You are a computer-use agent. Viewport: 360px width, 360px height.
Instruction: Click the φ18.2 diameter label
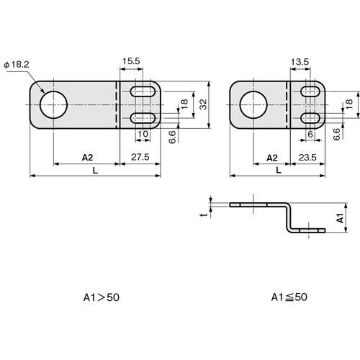coord(17,65)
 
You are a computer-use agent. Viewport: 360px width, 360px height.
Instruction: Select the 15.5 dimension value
coord(131,61)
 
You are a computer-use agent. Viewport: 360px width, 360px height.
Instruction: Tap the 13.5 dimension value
coord(300,62)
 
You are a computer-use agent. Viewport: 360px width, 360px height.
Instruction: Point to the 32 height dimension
coord(203,104)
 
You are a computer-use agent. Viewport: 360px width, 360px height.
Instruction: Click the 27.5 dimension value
coord(140,157)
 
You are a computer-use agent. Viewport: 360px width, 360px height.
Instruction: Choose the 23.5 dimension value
coord(307,158)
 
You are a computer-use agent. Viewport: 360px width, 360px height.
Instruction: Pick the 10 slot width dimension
coord(143,134)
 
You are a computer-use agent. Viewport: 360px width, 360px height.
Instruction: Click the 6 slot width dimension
coord(310,134)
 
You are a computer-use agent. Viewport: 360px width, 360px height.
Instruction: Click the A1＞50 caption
coord(102,297)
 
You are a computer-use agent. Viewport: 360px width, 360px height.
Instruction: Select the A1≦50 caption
coord(289,297)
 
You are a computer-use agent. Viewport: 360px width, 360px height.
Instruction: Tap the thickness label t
coord(204,215)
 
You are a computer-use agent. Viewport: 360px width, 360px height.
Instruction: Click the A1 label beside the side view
coord(341,218)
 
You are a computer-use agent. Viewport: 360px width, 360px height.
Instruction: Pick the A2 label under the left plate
coord(87,158)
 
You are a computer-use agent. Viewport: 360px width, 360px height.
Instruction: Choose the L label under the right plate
coord(279,171)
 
